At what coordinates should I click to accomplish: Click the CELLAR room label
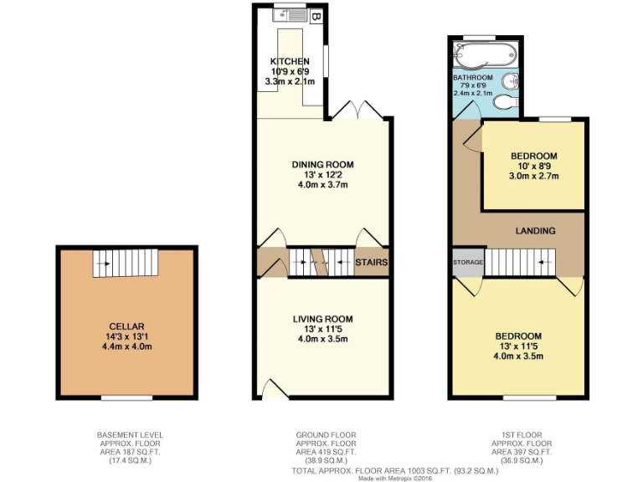click(x=126, y=326)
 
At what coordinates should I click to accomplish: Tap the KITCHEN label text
click(x=290, y=61)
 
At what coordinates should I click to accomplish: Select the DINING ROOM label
click(x=322, y=164)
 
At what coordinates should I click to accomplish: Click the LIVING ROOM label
click(x=322, y=319)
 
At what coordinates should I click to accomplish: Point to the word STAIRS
click(x=370, y=263)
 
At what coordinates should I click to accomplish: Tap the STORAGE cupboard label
click(x=468, y=263)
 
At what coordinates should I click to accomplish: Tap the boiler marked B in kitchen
click(x=316, y=15)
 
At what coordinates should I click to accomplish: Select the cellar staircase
click(x=125, y=264)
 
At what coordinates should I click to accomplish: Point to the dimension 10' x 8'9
click(x=534, y=167)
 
